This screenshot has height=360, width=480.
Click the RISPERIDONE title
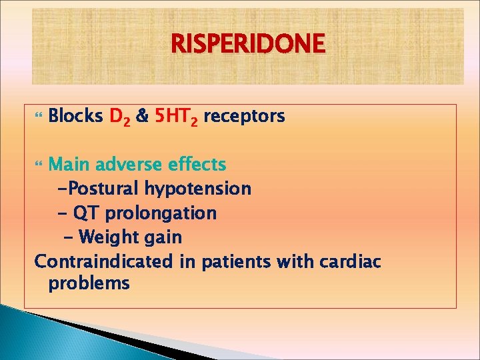pos(248,45)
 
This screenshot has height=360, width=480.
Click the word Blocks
pos(75,117)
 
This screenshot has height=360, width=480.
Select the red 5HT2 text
pos(176,117)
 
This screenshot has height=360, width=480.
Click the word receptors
pos(244,117)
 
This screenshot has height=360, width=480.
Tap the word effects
pos(196,164)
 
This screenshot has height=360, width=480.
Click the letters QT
pos(85,213)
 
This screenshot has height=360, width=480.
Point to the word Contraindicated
pos(104,261)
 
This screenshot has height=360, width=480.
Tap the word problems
pos(89,284)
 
